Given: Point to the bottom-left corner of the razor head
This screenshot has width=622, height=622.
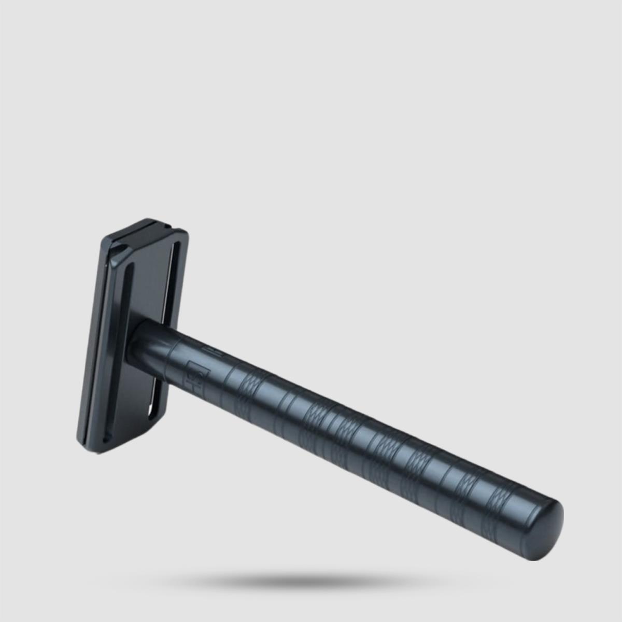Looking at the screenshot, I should [x=83, y=435].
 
